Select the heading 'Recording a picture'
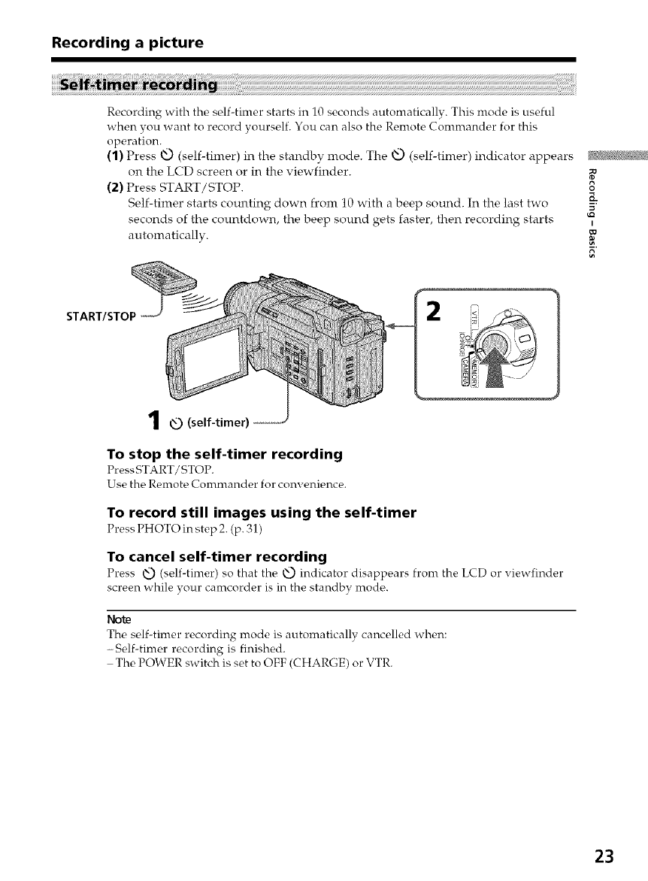[127, 43]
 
